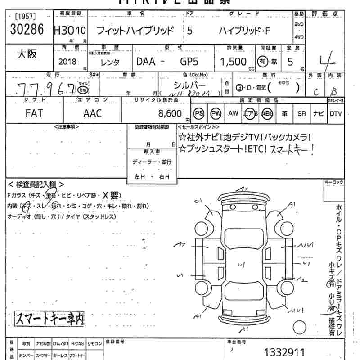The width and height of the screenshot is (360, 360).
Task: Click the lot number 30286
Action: (26, 30)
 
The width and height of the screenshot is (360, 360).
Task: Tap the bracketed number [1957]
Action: (24, 16)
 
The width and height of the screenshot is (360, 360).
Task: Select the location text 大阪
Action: (27, 54)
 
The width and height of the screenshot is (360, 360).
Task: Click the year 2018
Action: (67, 62)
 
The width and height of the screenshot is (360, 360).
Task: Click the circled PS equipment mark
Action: (199, 114)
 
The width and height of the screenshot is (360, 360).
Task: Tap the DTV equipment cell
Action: (335, 114)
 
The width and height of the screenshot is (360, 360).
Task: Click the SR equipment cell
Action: (301, 114)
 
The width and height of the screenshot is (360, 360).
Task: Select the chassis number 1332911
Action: (284, 352)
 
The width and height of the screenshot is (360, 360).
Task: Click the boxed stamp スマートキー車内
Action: (49, 319)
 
